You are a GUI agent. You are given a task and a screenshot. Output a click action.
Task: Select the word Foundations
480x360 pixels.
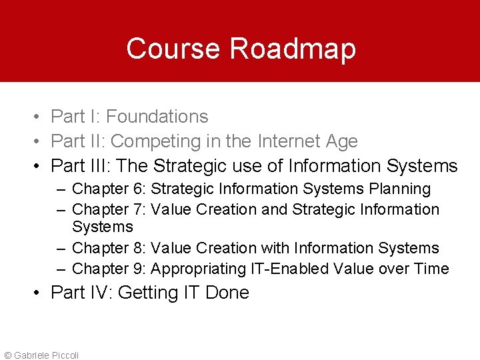point(157,117)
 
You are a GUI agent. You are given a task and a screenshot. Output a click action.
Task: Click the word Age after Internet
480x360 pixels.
point(342,141)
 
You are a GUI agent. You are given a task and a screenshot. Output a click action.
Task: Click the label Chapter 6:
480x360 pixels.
point(109,189)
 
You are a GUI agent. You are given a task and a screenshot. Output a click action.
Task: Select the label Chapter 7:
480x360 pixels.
point(109,209)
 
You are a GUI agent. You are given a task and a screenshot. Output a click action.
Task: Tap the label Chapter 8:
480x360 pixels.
point(109,248)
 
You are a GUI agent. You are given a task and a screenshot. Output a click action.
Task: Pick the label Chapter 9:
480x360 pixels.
point(109,269)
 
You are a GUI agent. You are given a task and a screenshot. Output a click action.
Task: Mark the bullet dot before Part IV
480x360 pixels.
point(41,293)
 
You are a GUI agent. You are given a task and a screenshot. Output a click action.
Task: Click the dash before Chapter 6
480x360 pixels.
point(61,189)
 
